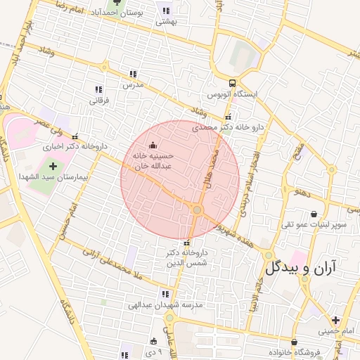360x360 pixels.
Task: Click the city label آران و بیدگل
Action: [301, 266]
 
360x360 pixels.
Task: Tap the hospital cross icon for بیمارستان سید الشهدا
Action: [53, 166]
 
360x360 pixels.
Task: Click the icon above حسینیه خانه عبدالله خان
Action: [155, 146]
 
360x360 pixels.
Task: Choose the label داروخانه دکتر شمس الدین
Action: [186, 257]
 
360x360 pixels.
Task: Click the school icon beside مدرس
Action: [133, 73]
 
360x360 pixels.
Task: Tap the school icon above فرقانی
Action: [98, 89]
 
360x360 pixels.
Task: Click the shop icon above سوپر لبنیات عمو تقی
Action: [313, 213]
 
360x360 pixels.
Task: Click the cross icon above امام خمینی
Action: [335, 320]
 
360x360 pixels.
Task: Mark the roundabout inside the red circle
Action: [198, 210]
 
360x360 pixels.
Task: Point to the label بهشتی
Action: [166, 22]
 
